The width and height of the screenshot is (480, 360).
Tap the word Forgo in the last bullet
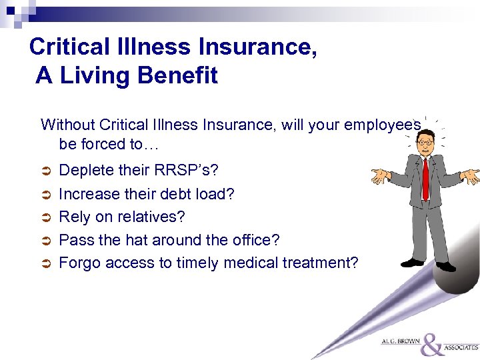78,263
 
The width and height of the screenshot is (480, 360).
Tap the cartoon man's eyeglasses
424,142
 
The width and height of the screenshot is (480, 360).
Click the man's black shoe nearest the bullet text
412,263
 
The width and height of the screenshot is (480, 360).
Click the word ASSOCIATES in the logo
461,348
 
